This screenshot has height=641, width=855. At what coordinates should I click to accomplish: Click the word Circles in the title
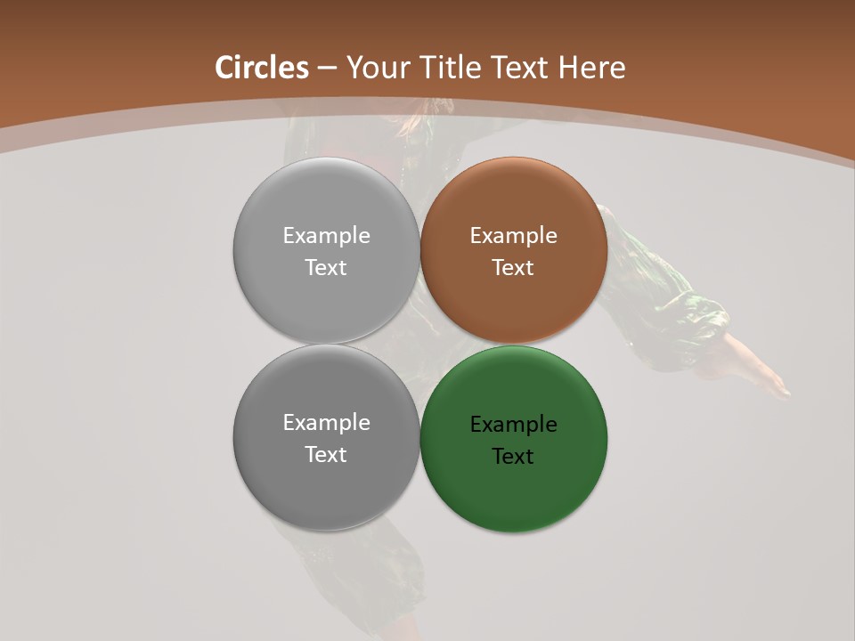(x=262, y=68)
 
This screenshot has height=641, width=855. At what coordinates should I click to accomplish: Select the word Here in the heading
(x=592, y=68)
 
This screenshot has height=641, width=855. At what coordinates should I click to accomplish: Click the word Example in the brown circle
(x=514, y=236)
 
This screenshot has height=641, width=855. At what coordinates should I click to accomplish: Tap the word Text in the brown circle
(x=514, y=268)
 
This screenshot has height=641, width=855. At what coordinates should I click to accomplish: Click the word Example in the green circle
(x=514, y=425)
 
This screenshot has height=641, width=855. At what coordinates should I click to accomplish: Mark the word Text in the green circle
(x=514, y=457)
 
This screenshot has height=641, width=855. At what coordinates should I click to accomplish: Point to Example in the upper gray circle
(x=326, y=236)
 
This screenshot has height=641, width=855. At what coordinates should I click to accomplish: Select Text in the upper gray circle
(x=326, y=268)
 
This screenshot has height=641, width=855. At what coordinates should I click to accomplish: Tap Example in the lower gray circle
(x=326, y=423)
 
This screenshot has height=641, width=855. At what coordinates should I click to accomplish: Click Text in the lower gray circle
(x=326, y=455)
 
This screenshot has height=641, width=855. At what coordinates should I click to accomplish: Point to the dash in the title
(x=327, y=68)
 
